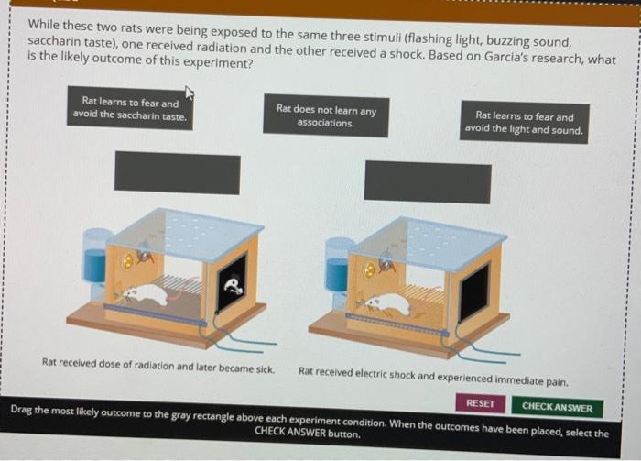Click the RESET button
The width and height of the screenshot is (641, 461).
click(481, 403)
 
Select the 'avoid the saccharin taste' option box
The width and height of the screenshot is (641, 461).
click(130, 108)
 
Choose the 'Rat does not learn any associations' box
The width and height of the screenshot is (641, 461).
click(326, 115)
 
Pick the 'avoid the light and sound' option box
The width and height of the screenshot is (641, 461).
click(524, 123)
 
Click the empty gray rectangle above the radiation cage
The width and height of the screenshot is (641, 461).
click(178, 173)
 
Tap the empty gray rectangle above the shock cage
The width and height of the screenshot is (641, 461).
click(428, 182)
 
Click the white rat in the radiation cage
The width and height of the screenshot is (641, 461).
click(145, 293)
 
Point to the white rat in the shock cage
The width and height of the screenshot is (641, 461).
click(386, 303)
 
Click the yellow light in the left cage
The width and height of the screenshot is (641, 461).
click(128, 260)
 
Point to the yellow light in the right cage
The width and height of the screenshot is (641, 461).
click(370, 269)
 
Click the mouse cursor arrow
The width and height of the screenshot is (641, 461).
click(189, 93)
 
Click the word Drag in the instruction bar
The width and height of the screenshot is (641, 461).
click(22, 409)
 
